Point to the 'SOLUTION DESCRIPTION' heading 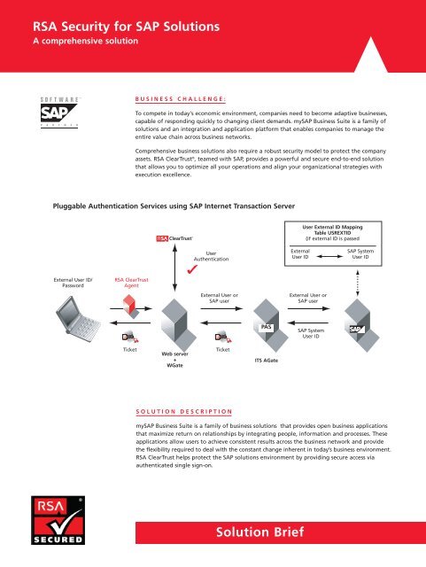tap(183, 410)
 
